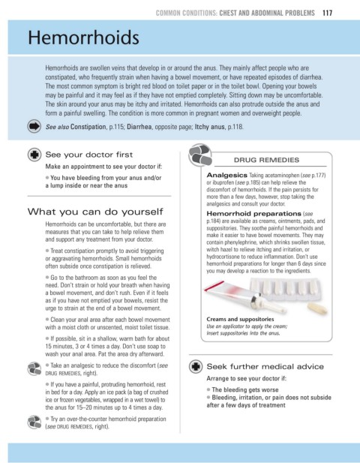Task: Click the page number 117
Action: (327, 13)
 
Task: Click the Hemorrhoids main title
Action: (83, 38)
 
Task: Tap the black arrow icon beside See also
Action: (34, 127)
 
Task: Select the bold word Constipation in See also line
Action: (88, 127)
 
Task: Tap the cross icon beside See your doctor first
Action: (34, 155)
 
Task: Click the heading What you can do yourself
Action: (95, 212)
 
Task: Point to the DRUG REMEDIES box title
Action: (266, 160)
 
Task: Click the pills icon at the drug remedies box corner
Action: (200, 155)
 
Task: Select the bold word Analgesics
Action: (226, 175)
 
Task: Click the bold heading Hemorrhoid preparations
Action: (253, 213)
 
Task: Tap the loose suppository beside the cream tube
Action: (317, 308)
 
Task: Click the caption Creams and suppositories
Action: (240, 319)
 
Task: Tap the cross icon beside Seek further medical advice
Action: (196, 366)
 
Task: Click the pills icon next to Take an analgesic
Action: (34, 368)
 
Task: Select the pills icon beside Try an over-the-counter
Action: (34, 422)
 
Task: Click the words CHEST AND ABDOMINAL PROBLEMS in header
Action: (267, 13)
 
